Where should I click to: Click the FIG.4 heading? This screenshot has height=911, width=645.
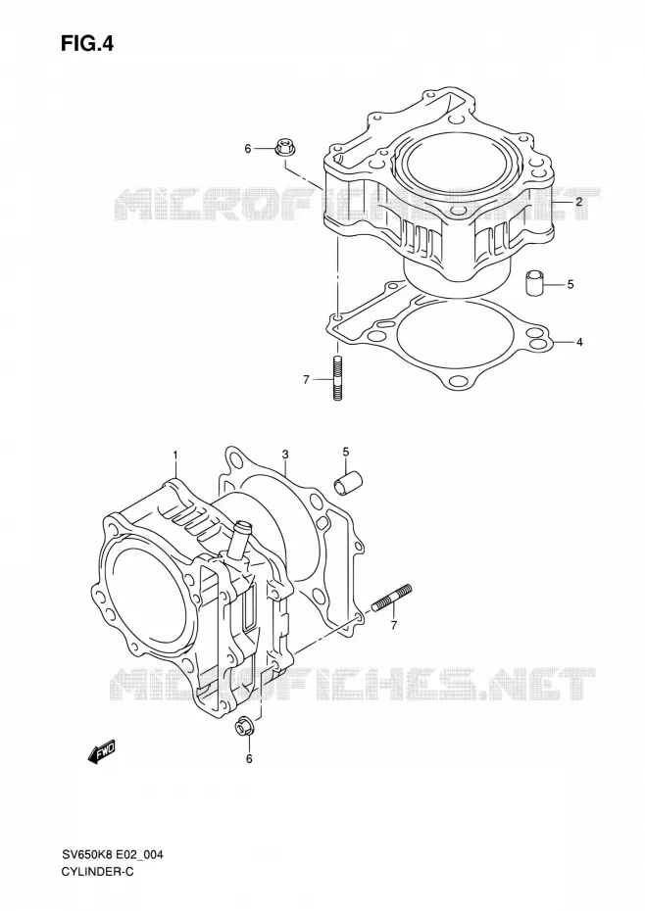pos(87,43)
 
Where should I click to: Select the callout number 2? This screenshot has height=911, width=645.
pos(579,202)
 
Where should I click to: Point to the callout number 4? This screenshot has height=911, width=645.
pos(579,342)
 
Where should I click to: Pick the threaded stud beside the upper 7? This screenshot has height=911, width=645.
pos(338,378)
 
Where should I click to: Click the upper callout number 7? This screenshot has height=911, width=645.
pos(306,380)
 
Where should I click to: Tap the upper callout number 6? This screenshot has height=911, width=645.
pos(247,149)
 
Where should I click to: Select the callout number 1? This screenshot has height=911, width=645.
pos(175,454)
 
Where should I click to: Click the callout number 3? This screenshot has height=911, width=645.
pos(285,454)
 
